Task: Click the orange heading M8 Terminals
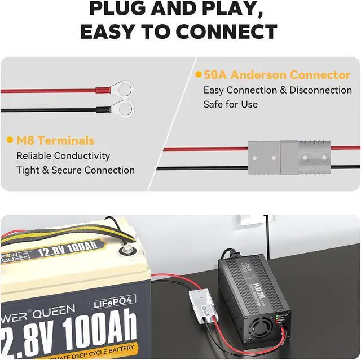(55, 140)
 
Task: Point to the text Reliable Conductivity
(63, 155)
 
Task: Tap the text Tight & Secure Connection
(76, 170)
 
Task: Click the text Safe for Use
(230, 104)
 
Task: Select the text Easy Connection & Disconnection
(278, 90)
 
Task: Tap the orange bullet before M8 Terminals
(10, 140)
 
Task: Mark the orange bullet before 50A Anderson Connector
(198, 74)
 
